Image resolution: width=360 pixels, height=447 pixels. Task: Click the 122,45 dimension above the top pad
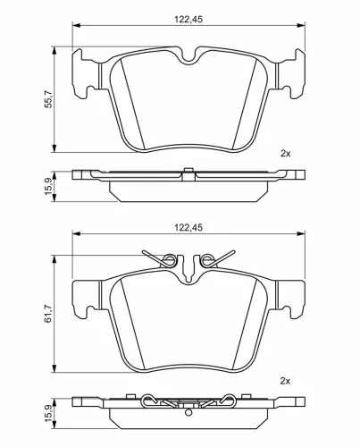pos(188,20)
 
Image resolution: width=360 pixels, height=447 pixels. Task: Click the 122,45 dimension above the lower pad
pos(188,228)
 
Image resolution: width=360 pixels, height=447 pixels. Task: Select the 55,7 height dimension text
pos(48,99)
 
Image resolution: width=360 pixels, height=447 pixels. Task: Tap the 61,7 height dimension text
pos(48,314)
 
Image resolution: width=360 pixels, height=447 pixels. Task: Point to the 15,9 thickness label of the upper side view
pos(48,187)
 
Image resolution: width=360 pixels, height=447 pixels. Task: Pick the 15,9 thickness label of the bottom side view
pos(48,413)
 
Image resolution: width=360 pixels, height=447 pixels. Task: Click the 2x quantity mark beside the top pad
pos(285,154)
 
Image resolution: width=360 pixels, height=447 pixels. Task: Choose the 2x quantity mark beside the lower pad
pos(285,381)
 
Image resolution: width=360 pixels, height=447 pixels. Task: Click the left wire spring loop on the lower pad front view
pos(171,259)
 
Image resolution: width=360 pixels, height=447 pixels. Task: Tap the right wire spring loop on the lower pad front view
pos(205,259)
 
